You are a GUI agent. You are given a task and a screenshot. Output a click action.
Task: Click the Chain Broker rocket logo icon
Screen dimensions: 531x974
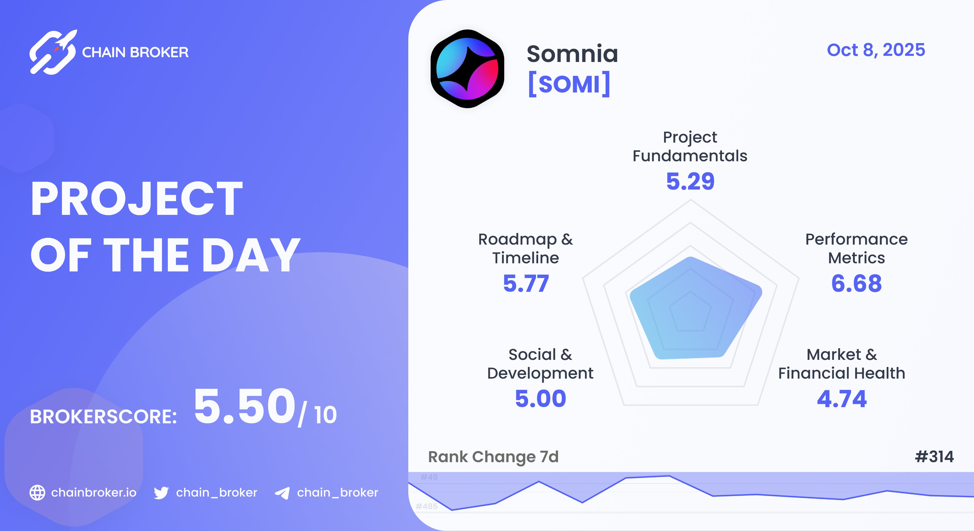53,52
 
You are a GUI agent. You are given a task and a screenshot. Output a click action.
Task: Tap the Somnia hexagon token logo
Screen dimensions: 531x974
467,69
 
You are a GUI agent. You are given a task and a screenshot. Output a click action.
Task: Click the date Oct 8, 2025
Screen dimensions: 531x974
876,50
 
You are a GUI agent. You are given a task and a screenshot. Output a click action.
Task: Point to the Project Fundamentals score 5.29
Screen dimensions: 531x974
690,181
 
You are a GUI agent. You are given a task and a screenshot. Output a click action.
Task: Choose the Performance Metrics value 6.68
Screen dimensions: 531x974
856,284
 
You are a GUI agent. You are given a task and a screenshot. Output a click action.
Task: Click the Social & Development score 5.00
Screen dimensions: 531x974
540,399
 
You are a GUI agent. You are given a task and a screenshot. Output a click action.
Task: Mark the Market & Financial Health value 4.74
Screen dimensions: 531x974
842,399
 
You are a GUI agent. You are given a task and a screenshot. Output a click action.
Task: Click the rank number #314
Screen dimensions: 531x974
934,457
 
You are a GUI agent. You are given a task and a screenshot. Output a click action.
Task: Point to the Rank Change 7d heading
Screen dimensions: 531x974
493,457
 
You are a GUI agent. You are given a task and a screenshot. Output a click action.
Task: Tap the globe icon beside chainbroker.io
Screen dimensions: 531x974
37,492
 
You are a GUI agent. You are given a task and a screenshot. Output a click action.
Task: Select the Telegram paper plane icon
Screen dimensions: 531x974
282,493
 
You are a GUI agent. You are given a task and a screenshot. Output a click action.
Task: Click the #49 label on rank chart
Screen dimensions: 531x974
429,477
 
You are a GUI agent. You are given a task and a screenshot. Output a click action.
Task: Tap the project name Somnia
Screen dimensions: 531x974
572,54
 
